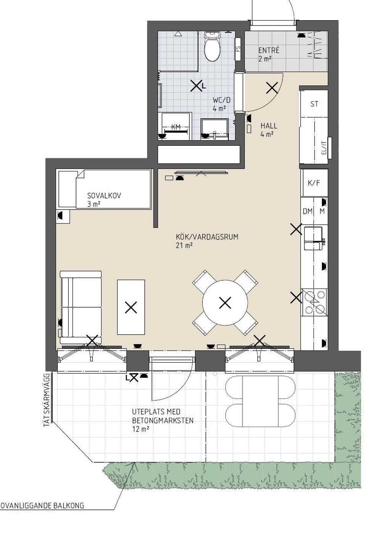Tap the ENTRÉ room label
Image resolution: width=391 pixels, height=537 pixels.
(x=269, y=50)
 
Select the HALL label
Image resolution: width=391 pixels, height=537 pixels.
(x=269, y=126)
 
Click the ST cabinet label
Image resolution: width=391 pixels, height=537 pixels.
(x=314, y=104)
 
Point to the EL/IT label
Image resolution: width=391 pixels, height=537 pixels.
(x=324, y=147)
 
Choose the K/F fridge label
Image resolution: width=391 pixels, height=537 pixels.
(x=314, y=183)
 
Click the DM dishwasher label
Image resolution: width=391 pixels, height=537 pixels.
(x=308, y=211)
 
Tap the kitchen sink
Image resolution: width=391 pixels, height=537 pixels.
(x=313, y=238)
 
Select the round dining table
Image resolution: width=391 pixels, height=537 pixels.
(x=225, y=303)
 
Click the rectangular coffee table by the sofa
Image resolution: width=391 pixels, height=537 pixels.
(x=131, y=307)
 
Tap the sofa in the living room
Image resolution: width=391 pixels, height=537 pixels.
(x=81, y=307)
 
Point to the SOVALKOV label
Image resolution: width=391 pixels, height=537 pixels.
(x=104, y=196)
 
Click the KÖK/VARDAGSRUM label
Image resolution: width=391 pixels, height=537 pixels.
(x=207, y=237)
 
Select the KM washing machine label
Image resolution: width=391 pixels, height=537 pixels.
(x=176, y=127)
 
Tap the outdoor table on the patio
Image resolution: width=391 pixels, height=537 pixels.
(x=260, y=402)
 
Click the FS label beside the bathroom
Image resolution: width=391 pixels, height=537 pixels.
(x=238, y=49)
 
